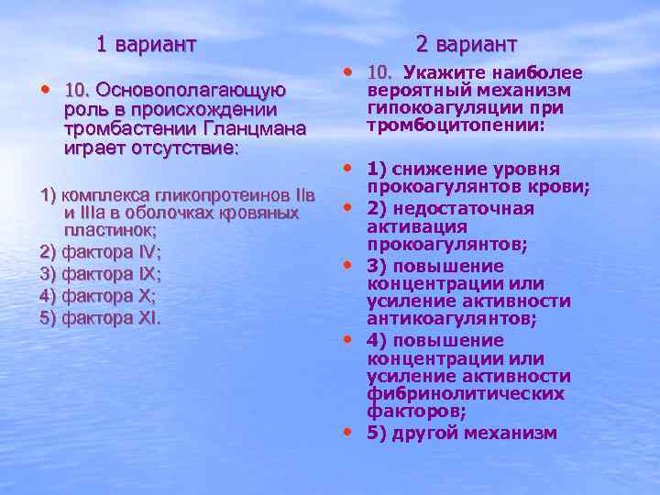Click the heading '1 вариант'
147,43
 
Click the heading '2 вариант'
466,43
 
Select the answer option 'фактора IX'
101,274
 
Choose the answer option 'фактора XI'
101,318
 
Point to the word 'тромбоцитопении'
454,126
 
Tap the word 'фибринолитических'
465,394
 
